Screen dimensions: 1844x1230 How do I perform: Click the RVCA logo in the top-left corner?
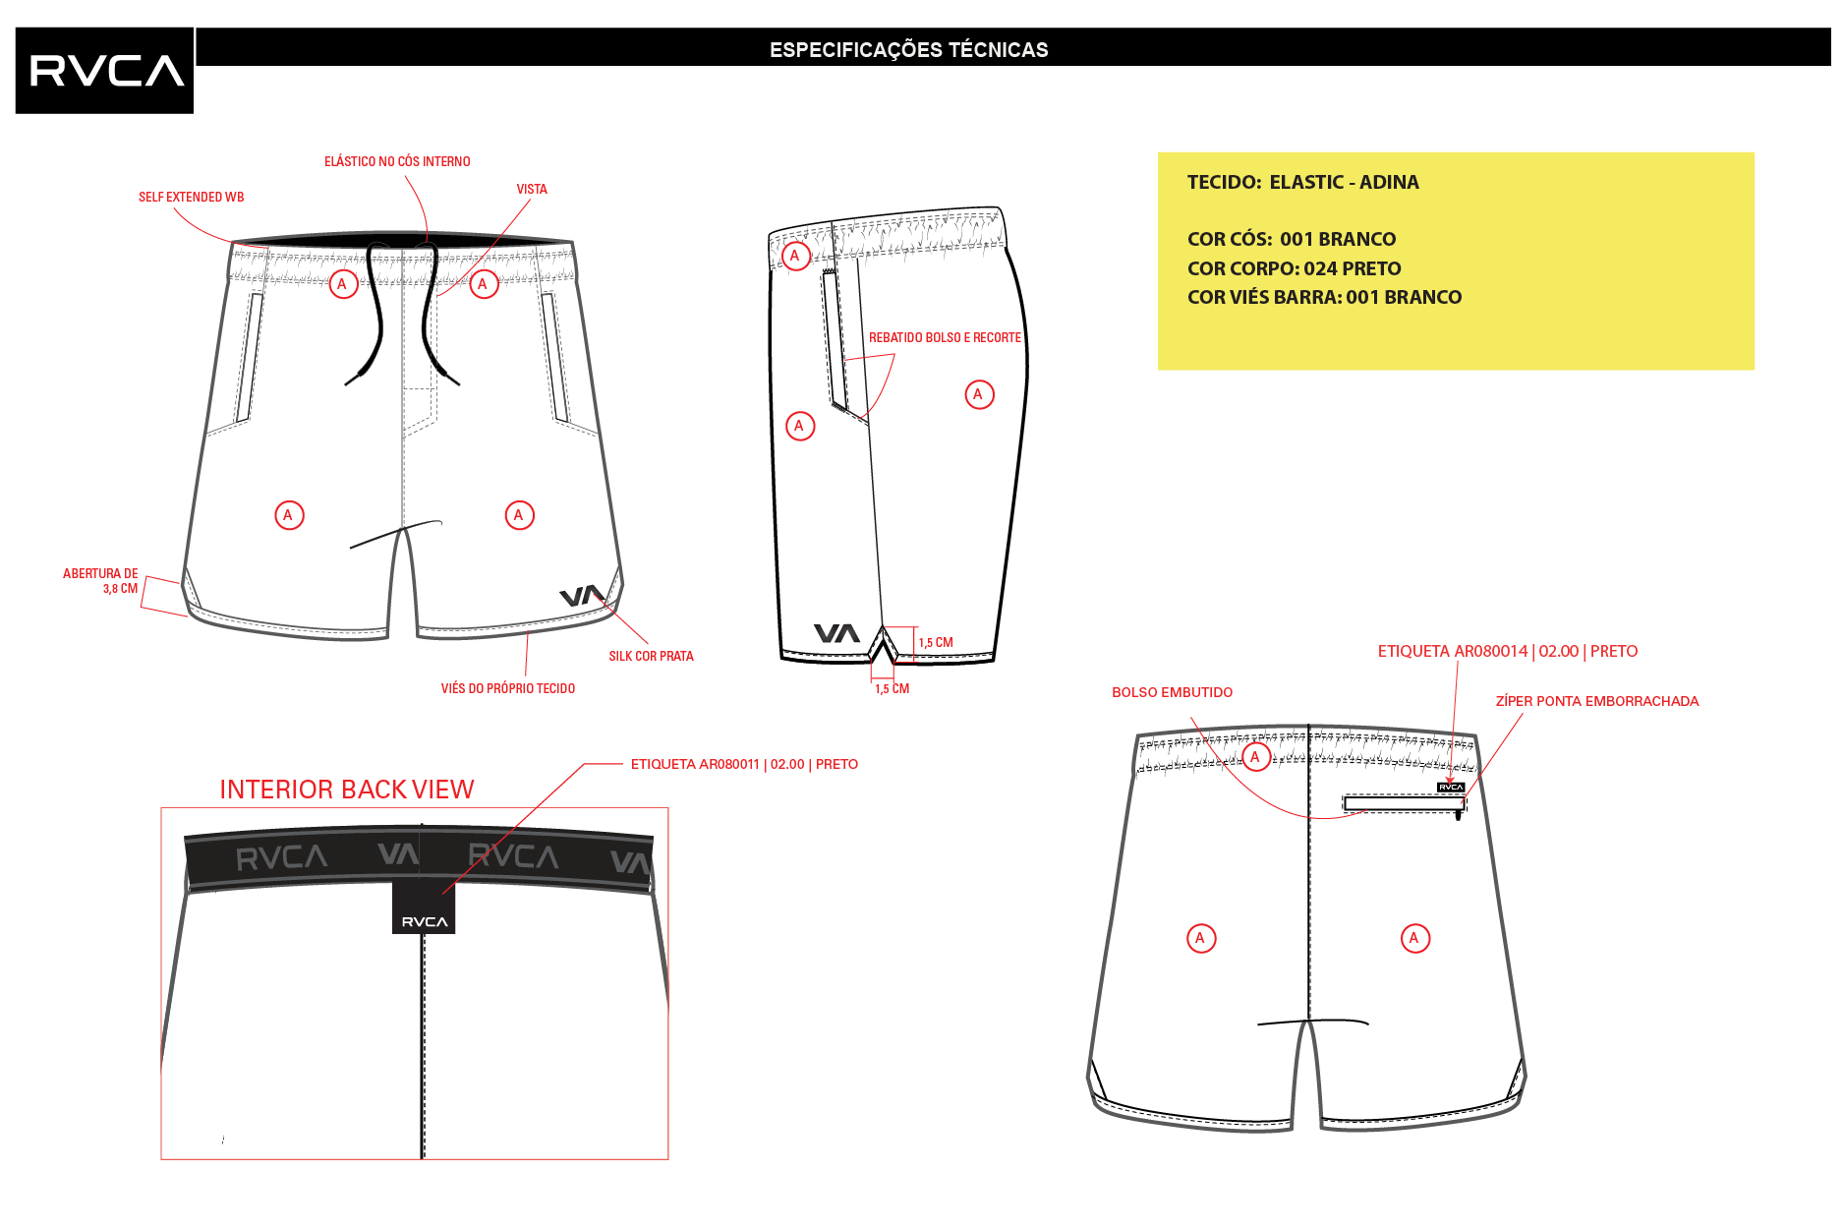click(104, 71)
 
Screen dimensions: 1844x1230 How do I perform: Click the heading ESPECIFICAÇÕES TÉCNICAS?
click(908, 50)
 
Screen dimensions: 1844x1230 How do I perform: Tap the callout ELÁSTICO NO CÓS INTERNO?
click(397, 161)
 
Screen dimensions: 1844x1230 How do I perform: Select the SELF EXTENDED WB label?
click(191, 197)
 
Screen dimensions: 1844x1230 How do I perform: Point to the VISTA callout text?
click(532, 189)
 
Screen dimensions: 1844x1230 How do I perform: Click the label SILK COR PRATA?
click(651, 656)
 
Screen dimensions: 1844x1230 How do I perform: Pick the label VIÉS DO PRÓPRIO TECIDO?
click(507, 688)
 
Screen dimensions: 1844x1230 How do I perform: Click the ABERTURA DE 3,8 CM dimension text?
click(100, 581)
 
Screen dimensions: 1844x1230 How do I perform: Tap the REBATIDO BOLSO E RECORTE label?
click(945, 337)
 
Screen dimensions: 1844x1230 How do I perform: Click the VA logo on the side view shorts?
click(836, 633)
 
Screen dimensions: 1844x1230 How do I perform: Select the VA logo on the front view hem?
click(582, 596)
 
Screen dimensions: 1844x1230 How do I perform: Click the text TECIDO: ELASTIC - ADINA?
click(1302, 182)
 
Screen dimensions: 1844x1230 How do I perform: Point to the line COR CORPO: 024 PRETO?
click(1294, 268)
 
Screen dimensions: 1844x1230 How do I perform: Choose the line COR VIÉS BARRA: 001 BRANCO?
click(1324, 297)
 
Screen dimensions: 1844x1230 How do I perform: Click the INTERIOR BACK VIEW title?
click(346, 790)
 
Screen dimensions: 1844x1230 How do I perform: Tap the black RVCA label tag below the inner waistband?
click(424, 908)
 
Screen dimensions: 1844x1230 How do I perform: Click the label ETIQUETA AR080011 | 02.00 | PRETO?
click(744, 764)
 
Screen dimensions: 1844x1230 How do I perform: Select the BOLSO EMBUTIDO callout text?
click(1172, 692)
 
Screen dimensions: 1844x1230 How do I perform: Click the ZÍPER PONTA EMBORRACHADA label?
click(1596, 701)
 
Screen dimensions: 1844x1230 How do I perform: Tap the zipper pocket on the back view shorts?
click(1405, 804)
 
